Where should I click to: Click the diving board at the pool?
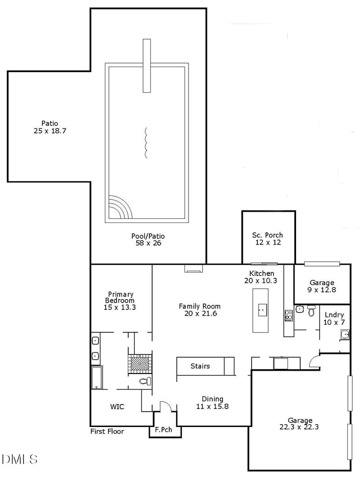coord(147,66)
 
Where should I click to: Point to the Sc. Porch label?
coord(267,235)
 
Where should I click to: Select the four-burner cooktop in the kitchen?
coord(288,315)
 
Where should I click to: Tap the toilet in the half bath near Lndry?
coord(311,310)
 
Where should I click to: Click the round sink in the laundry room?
coord(345,334)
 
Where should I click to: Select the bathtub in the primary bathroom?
coord(97,377)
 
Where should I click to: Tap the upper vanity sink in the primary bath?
coord(95,340)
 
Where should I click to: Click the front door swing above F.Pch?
coord(165,406)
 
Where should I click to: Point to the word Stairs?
coord(200,366)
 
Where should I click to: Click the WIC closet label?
coord(117,407)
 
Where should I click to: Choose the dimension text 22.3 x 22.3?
coord(299,427)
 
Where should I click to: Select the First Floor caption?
coord(107,431)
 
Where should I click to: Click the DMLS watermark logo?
coord(20,459)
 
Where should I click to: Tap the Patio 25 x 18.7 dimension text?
coord(50,131)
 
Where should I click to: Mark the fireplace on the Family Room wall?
coord(193,269)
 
